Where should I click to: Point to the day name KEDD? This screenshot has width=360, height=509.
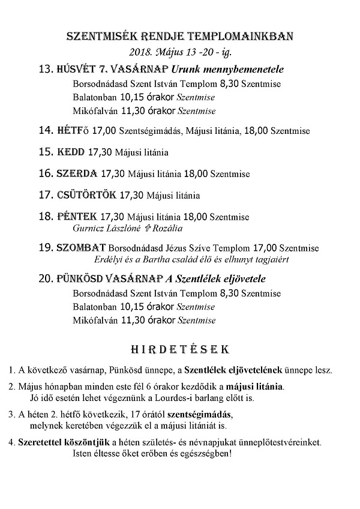[x=71, y=152]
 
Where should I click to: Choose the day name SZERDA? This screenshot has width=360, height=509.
[x=77, y=173]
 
